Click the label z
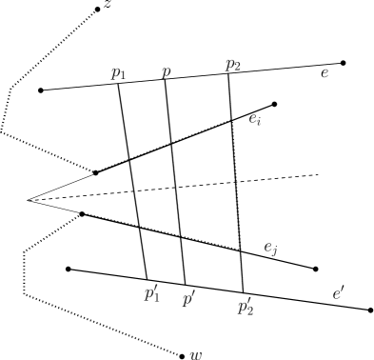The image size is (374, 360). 108,7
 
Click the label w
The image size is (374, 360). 196,355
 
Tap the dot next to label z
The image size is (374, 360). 97,10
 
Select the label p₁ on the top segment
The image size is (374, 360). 118,72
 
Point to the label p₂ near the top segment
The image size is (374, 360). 233,65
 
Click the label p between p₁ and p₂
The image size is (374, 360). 167,70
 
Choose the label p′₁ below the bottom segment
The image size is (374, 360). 150,292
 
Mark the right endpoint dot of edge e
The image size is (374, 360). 343,63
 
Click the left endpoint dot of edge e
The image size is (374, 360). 40,90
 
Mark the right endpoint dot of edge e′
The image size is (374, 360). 369,310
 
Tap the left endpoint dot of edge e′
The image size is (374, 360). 68,269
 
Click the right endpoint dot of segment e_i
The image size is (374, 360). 274,104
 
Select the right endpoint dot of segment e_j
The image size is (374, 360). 315,269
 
